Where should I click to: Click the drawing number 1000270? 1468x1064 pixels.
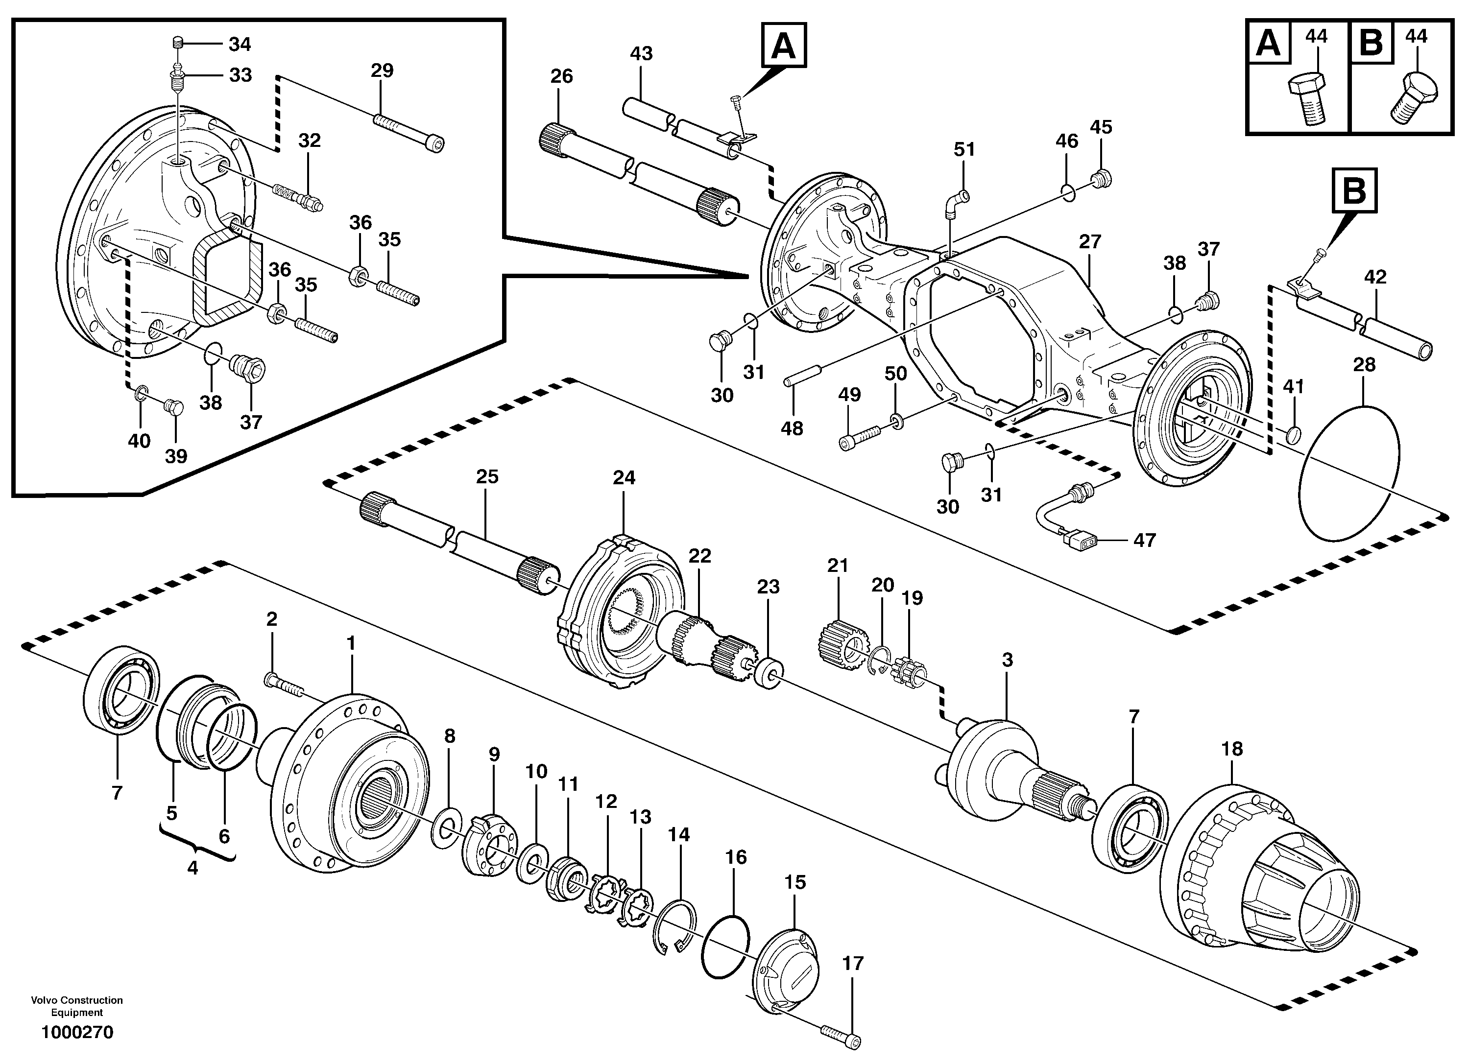(77, 1032)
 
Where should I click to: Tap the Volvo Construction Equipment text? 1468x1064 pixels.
(77, 1006)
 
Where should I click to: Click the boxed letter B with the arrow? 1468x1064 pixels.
(1355, 191)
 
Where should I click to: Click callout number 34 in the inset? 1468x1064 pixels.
(240, 44)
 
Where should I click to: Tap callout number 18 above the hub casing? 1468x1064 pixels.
(1232, 749)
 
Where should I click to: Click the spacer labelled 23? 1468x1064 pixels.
(769, 673)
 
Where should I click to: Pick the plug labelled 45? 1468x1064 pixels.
(1101, 177)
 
